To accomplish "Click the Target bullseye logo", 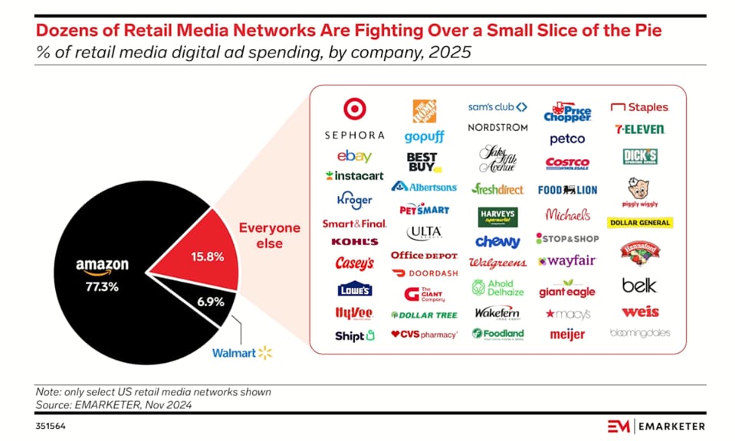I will pyautogui.click(x=355, y=109).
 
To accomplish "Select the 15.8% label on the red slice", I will pyautogui.click(x=208, y=256).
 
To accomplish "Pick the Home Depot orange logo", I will pyautogui.click(x=424, y=111).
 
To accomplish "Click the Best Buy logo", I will pyautogui.click(x=423, y=161).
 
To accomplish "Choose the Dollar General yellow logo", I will pyautogui.click(x=640, y=223).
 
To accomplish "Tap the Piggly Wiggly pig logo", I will pyautogui.click(x=640, y=192).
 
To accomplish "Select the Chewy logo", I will pyautogui.click(x=497, y=242).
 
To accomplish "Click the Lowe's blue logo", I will pyautogui.click(x=354, y=289).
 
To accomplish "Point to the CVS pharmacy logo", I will pyautogui.click(x=424, y=335).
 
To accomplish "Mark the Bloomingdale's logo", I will pyautogui.click(x=640, y=333).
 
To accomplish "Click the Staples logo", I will pyautogui.click(x=639, y=108).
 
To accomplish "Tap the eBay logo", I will pyautogui.click(x=354, y=156).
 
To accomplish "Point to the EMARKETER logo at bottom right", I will pyautogui.click(x=656, y=426).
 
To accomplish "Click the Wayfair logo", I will pyautogui.click(x=566, y=261).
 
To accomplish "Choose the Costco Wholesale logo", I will pyautogui.click(x=567, y=164).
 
